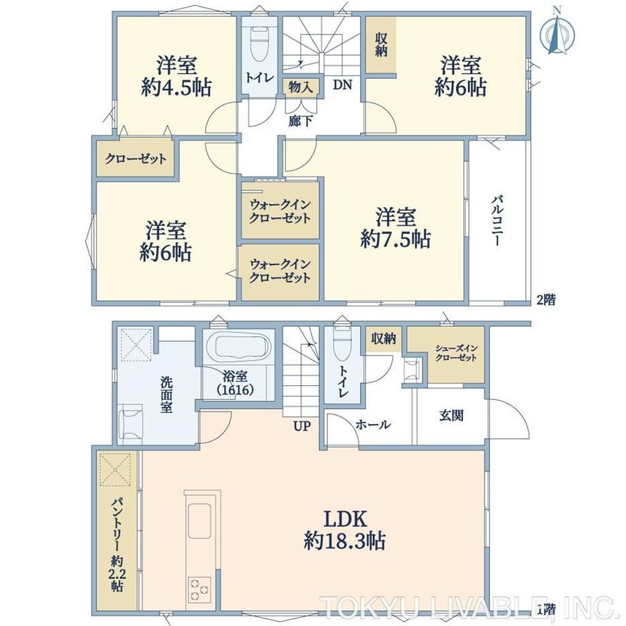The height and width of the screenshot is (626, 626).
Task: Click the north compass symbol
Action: [x=557, y=31]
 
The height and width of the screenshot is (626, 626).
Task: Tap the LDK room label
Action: [x=344, y=519]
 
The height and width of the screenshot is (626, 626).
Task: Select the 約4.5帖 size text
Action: [x=176, y=87]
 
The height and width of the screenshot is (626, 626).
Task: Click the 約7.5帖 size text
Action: [x=395, y=239]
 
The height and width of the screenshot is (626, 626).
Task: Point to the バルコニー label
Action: [x=497, y=220]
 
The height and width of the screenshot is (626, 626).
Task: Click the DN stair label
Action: [x=342, y=84]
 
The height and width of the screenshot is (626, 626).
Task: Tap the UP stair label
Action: [x=302, y=426]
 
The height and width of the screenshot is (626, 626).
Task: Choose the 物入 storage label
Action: [x=301, y=87]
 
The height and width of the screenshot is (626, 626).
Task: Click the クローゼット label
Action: [x=135, y=159]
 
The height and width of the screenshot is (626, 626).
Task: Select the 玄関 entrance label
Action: [x=451, y=416]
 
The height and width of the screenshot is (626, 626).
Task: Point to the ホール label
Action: [x=373, y=425]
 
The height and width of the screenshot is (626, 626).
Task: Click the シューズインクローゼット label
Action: [x=456, y=353]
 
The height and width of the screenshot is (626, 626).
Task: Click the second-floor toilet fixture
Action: [x=259, y=45]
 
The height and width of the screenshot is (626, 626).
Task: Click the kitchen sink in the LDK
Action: [x=199, y=520]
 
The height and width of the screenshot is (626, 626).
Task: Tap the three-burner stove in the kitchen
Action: [x=199, y=589]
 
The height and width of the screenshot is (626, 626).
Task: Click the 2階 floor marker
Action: [x=546, y=299]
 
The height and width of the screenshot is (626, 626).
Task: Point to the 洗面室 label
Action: [x=167, y=395]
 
